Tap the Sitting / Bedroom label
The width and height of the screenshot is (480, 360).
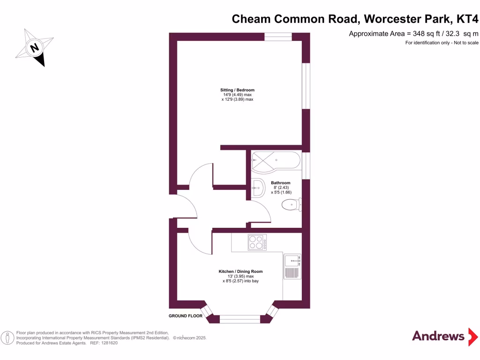click(x=237, y=90)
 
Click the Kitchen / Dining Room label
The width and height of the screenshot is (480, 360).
click(x=240, y=271)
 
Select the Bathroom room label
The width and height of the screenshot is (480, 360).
click(x=280, y=183)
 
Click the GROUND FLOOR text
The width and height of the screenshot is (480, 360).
click(x=186, y=316)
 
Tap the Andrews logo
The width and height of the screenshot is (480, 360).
click(x=438, y=336)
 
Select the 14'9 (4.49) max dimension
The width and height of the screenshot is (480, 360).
click(x=237, y=95)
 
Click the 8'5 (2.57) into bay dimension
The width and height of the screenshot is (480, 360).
click(x=240, y=281)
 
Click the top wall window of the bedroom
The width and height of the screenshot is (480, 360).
click(x=278, y=36)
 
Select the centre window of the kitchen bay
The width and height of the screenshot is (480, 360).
click(x=240, y=319)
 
